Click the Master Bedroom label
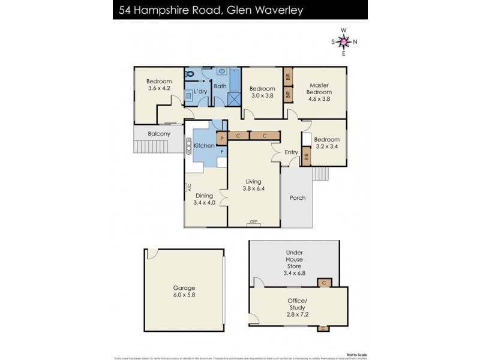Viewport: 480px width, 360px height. [x=319, y=89]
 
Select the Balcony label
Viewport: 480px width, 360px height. [x=159, y=134]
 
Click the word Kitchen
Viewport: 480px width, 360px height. [x=204, y=146]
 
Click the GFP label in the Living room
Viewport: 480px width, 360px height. [x=254, y=223]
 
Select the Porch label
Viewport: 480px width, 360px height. [x=298, y=198]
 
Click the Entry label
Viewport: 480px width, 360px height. [x=292, y=152]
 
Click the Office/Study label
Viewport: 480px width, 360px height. [x=298, y=304]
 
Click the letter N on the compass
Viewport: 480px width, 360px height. [x=355, y=41]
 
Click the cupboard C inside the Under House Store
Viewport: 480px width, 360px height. [x=324, y=282]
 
